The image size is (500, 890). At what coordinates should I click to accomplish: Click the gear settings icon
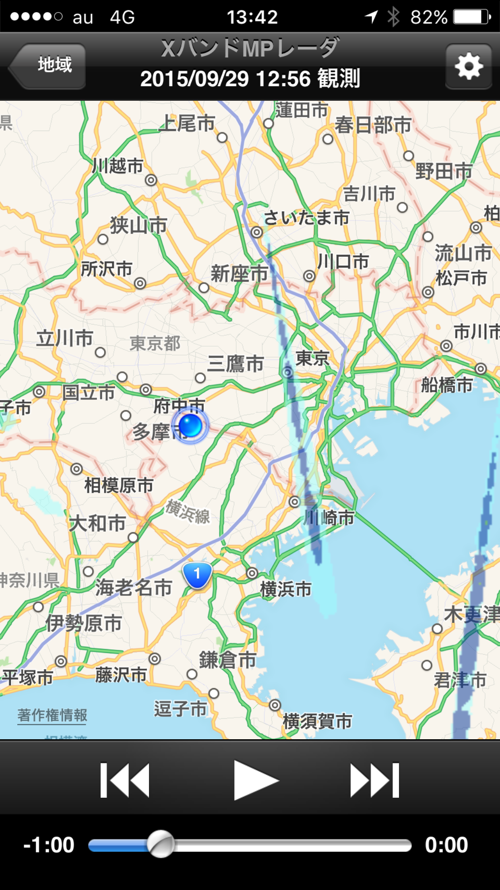click(468, 66)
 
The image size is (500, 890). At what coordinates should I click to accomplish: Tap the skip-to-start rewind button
click(125, 780)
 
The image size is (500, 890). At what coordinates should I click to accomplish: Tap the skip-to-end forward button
click(374, 780)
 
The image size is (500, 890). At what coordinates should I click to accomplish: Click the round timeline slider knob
click(161, 844)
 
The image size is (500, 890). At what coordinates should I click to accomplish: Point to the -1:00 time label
click(49, 845)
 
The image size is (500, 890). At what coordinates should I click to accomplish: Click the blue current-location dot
click(190, 425)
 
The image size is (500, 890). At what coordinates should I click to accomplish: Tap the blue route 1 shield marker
click(197, 574)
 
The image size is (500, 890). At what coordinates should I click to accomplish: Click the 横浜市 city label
click(286, 589)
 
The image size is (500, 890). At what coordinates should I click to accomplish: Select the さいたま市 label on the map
click(306, 218)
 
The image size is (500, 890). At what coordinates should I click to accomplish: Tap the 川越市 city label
click(118, 166)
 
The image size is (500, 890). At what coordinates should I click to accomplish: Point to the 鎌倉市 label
click(227, 660)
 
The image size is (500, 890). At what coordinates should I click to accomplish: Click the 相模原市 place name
click(119, 485)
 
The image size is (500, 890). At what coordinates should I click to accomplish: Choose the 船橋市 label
click(447, 385)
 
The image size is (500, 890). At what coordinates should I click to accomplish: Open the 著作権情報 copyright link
click(52, 715)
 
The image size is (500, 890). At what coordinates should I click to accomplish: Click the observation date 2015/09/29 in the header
click(194, 79)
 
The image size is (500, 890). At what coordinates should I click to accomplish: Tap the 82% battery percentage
click(429, 17)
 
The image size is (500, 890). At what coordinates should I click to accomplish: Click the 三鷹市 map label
click(236, 364)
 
